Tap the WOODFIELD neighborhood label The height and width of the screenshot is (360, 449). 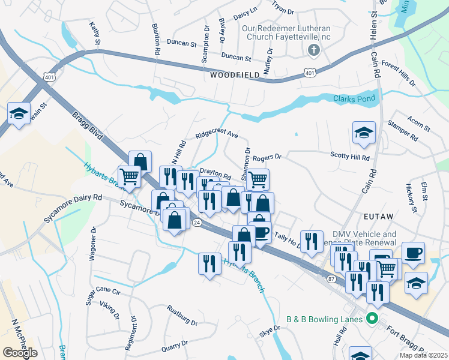point(235,76)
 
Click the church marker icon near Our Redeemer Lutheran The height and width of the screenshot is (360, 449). point(312,50)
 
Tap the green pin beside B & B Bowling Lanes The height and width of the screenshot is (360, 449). point(372,319)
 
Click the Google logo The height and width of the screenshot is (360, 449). point(20,353)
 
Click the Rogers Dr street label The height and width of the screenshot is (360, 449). point(267,158)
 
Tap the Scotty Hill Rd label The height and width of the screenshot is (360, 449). point(350,156)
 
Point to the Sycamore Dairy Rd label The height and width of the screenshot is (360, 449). point(73,208)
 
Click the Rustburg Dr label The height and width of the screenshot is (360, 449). point(182,311)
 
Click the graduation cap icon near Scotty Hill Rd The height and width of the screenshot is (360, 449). point(363,133)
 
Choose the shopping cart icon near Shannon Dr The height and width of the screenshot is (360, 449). point(258,179)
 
